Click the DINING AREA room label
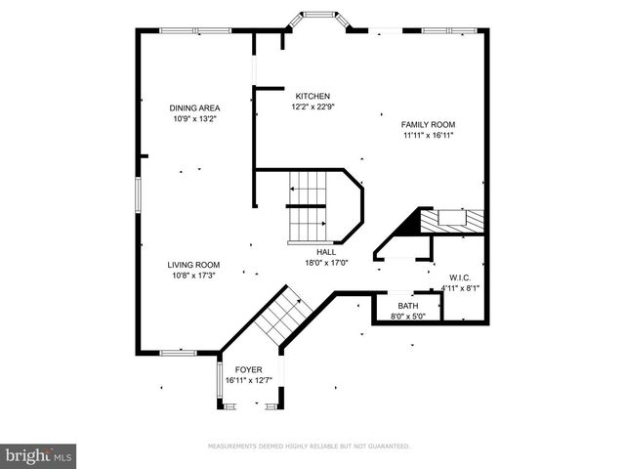(x=194, y=107)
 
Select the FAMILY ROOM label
(x=428, y=124)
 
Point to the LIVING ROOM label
(x=193, y=265)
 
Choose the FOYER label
(x=248, y=369)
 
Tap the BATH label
(x=407, y=306)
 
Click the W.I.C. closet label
(x=461, y=277)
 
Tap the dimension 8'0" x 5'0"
(x=407, y=317)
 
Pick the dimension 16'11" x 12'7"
(x=248, y=380)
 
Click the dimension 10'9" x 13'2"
(x=194, y=119)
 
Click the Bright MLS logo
(x=39, y=455)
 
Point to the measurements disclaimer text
(x=309, y=446)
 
